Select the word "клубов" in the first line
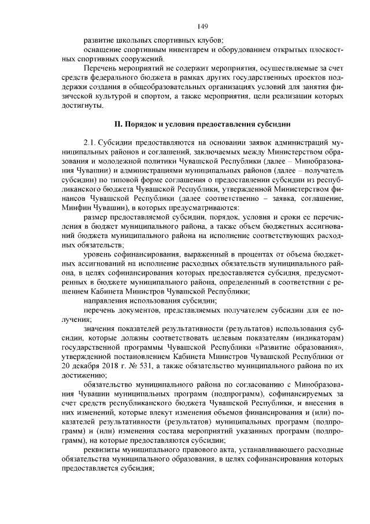coord(203,41)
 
